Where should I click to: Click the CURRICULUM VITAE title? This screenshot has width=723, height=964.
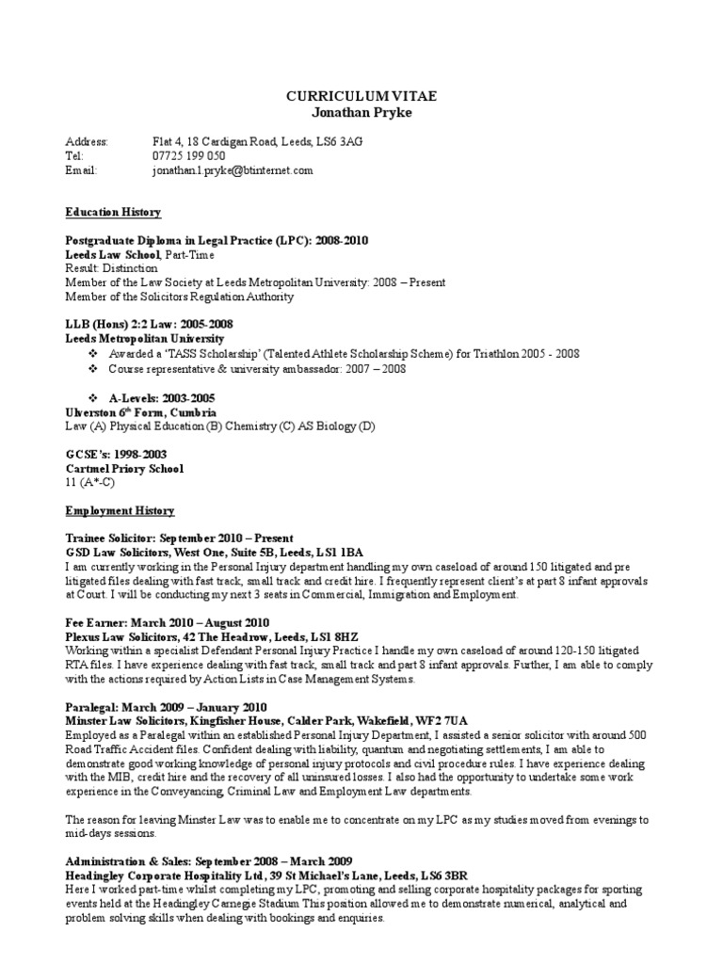tap(361, 97)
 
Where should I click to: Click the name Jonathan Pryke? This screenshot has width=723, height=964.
tap(361, 112)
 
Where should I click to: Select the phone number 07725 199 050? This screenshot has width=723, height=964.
tap(188, 156)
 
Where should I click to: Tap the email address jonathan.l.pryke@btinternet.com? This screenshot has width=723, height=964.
tap(232, 170)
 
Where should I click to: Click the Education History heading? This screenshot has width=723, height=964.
tap(113, 212)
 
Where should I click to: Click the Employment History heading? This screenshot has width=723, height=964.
tap(120, 510)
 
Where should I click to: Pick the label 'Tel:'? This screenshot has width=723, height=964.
tap(73, 156)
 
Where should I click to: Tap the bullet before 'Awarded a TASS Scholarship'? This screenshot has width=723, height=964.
tap(92, 354)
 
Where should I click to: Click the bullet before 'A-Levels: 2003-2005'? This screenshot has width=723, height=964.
tap(92, 398)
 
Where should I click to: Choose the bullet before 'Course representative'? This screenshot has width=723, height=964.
tap(92, 368)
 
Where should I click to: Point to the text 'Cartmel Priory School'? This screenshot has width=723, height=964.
tap(124, 468)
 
